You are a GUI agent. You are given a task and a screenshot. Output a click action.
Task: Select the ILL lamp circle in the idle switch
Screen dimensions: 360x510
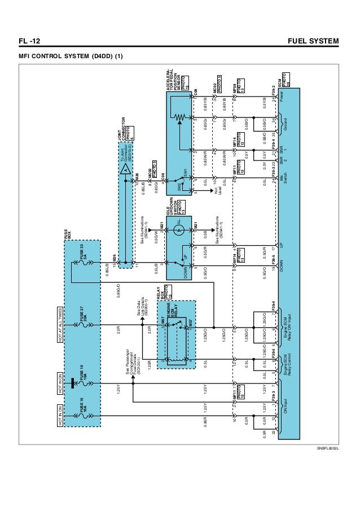click(178, 230)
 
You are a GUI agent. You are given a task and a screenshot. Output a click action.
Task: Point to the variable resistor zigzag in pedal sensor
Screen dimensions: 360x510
click(180, 117)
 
